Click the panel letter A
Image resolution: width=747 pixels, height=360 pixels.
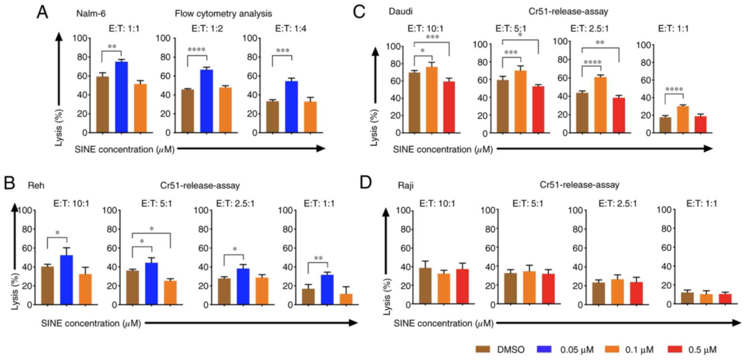pos(42,13)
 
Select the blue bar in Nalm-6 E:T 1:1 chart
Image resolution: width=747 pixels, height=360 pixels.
pos(122,97)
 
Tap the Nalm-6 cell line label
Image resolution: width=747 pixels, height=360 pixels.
pos(91,14)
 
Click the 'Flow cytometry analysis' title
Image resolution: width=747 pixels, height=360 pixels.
pos(223,14)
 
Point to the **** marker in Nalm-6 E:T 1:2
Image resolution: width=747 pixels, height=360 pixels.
pos(197,50)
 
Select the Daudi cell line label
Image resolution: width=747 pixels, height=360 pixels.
pos(400,11)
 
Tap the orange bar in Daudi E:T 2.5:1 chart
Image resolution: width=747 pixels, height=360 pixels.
pos(600,105)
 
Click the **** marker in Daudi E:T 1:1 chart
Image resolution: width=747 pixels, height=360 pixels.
pos(674,90)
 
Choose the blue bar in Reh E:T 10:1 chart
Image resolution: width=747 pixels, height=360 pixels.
pos(66,280)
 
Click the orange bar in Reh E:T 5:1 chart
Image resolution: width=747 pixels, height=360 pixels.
pos(170,293)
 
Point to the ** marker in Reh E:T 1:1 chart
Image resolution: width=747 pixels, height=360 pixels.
pos(318,258)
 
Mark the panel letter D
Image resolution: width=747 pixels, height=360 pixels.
pos(366,183)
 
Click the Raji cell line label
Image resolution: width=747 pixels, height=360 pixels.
pos(405,186)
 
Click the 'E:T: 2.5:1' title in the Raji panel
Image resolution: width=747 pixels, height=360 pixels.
pos(617,203)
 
